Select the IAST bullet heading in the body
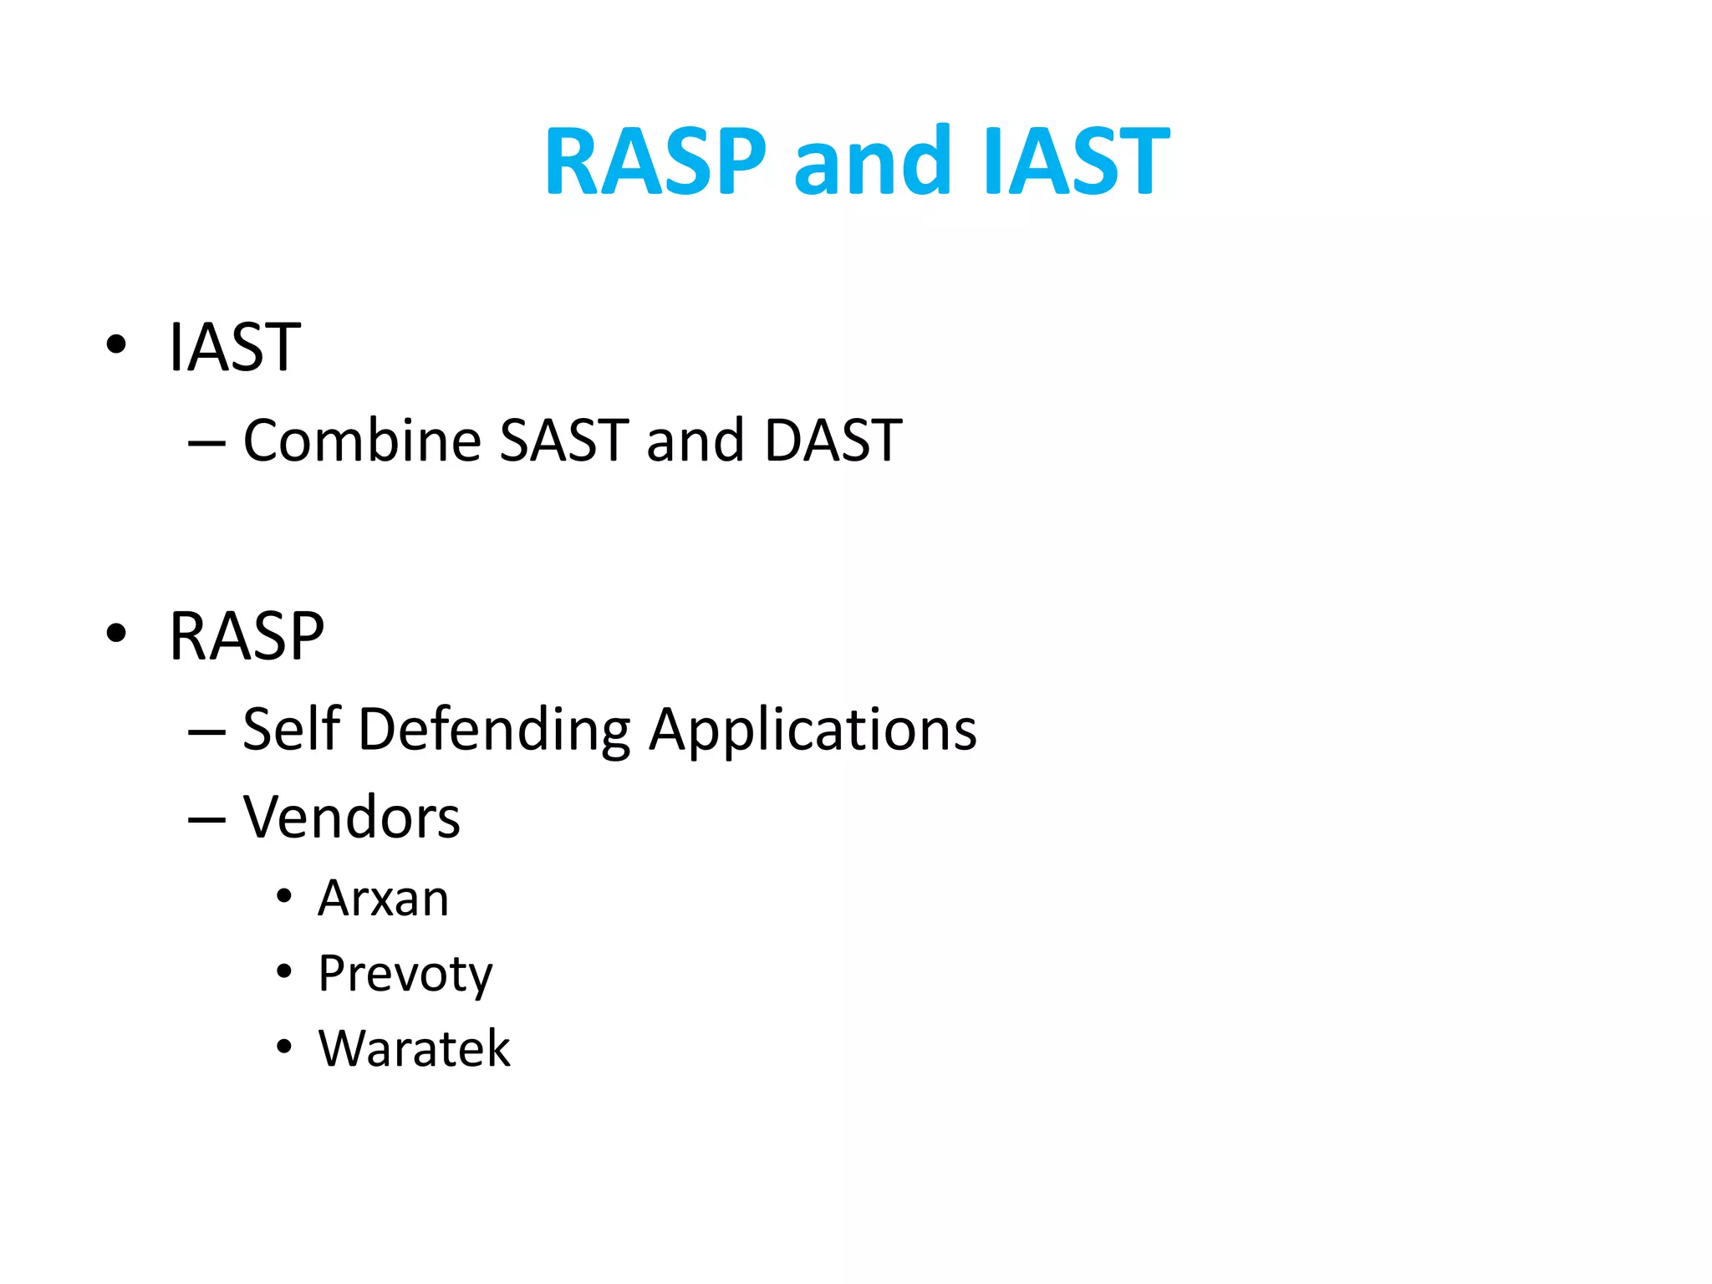point(234,347)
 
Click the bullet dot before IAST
point(116,344)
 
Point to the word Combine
point(361,440)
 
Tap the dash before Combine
point(206,443)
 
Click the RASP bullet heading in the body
point(247,636)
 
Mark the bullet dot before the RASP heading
point(116,634)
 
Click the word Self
point(292,729)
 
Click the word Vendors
point(351,817)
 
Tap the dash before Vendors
point(206,820)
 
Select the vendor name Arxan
point(383,899)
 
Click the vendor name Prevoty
point(405,975)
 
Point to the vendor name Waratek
point(414,1048)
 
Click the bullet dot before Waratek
point(284,1047)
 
